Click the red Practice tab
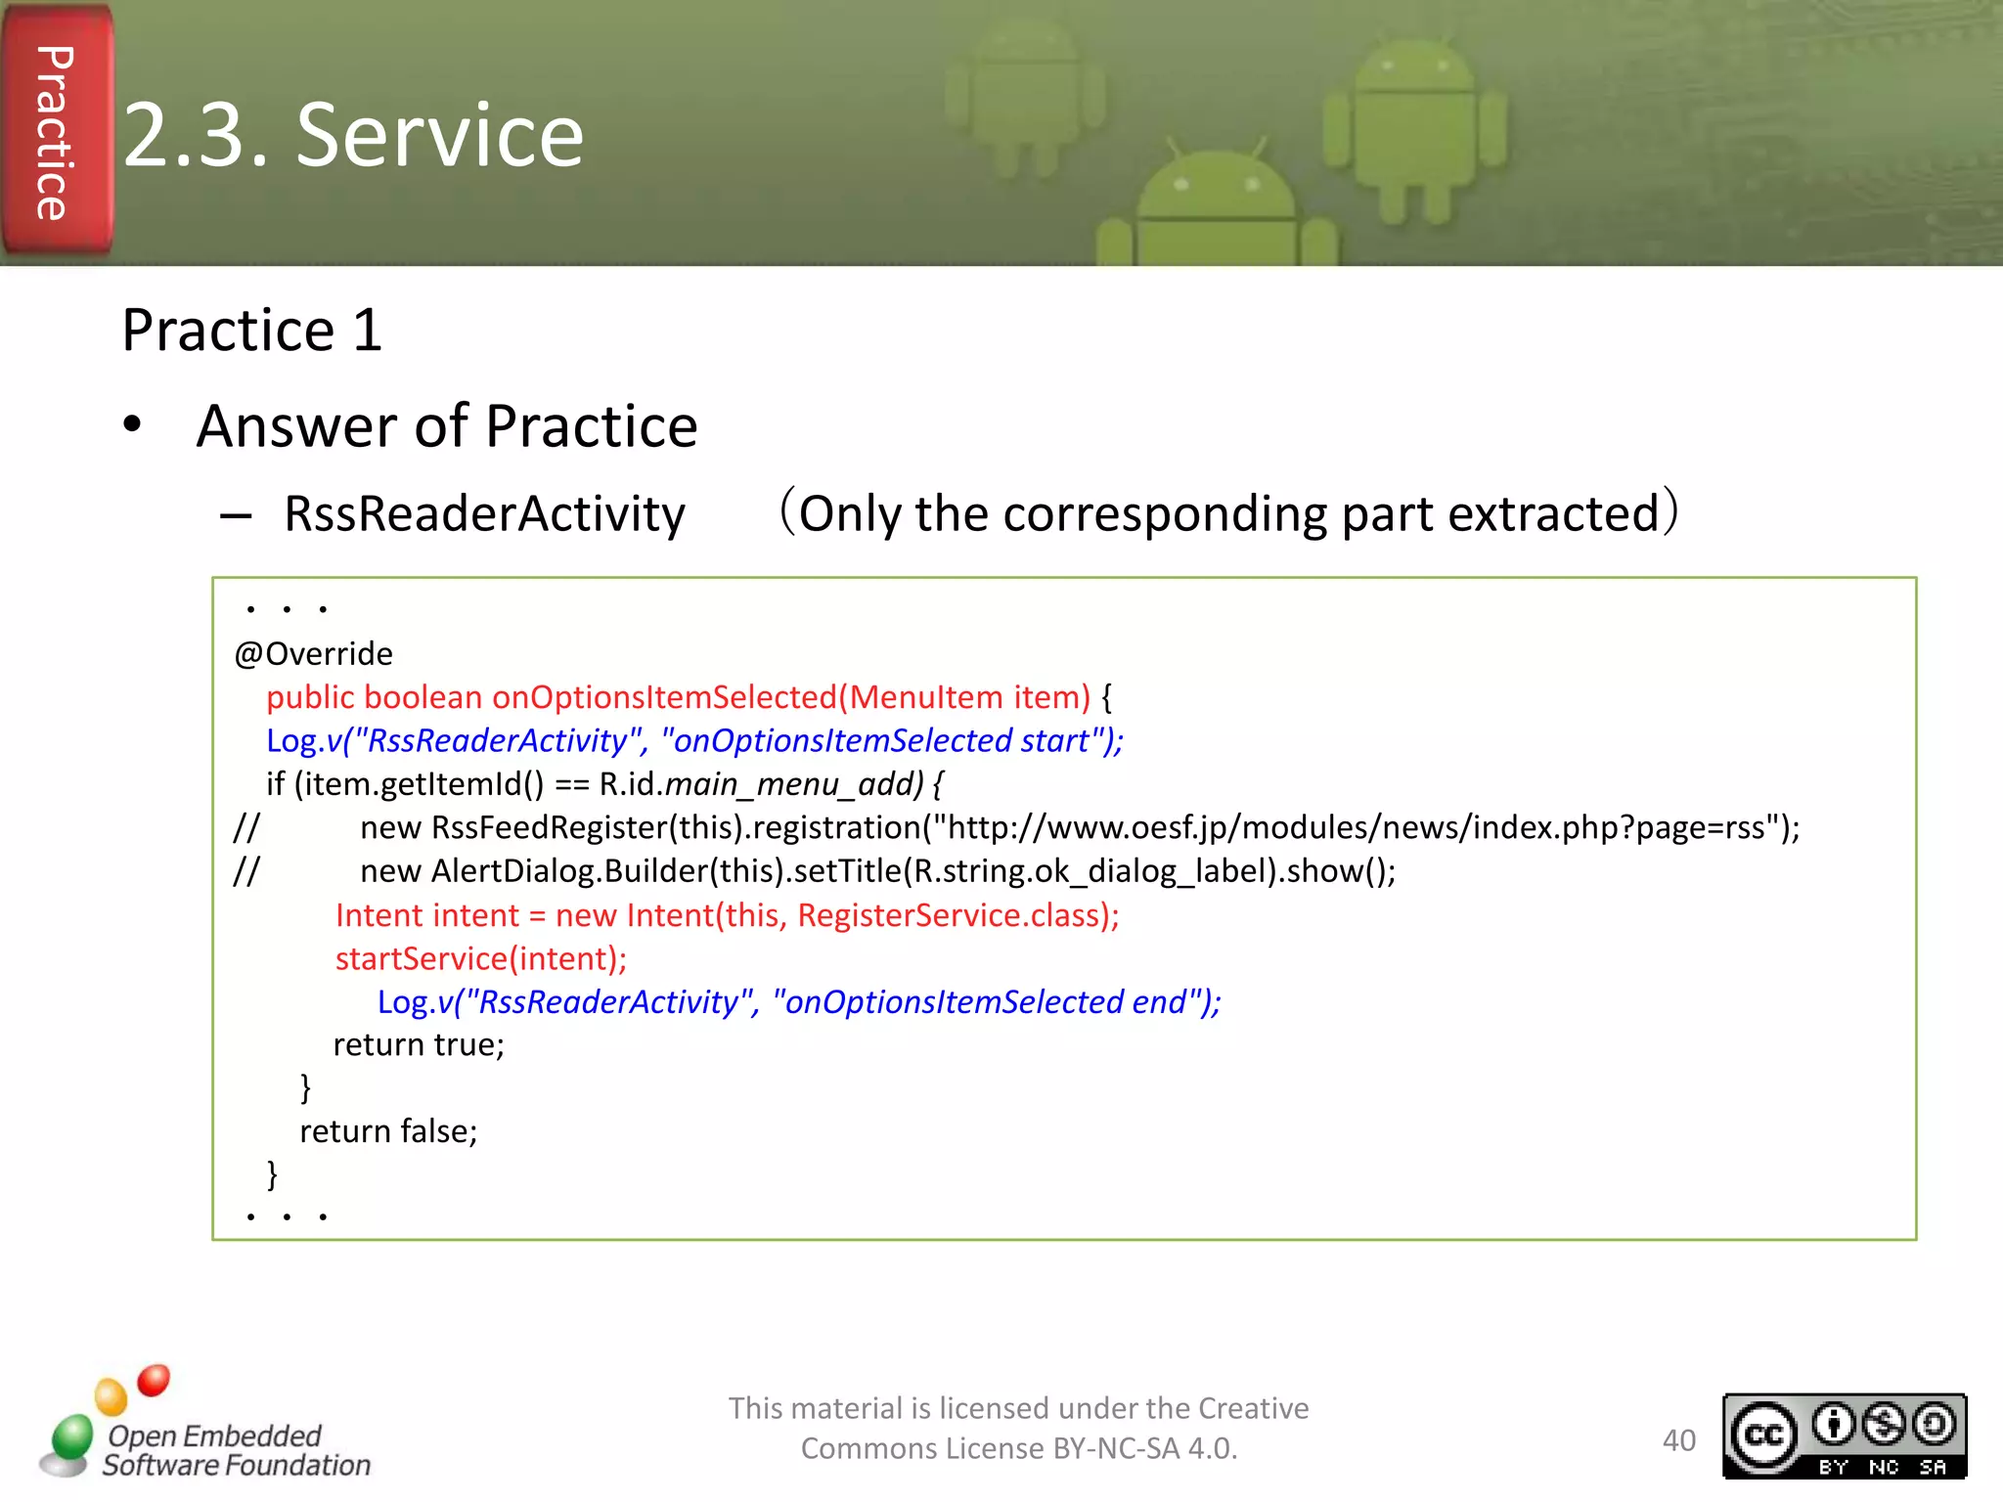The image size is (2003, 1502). tap(56, 132)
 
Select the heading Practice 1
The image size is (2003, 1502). tap(251, 330)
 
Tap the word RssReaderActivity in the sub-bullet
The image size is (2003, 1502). tap(484, 514)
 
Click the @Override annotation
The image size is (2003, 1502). tap(313, 653)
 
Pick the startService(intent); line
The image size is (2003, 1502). tap(481, 958)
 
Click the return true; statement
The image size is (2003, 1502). tap(419, 1045)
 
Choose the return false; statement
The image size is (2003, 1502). tap(388, 1131)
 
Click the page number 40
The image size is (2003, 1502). tap(1678, 1440)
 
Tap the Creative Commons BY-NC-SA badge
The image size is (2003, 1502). tap(1844, 1436)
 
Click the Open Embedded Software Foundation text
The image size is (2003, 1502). tap(235, 1450)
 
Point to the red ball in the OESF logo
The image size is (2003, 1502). tap(154, 1380)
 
